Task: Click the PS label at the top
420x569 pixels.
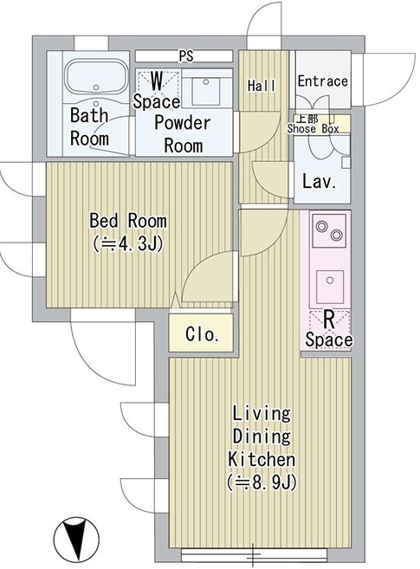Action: (185, 56)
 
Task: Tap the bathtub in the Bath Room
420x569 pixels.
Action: (96, 77)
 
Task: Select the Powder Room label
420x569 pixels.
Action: (183, 134)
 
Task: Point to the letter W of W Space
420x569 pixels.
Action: (157, 81)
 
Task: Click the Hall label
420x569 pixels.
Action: (262, 86)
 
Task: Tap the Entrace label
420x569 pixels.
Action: (322, 81)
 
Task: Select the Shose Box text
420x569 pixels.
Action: (313, 128)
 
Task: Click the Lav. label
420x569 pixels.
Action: (320, 181)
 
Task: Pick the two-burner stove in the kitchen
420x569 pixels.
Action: (329, 230)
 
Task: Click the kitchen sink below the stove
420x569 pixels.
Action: (330, 287)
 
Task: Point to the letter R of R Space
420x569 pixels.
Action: (328, 320)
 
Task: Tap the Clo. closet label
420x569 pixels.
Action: (202, 334)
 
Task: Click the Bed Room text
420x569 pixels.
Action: (128, 220)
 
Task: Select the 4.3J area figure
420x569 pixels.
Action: (128, 243)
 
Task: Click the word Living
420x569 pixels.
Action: (262, 414)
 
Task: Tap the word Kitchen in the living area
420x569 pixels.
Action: (262, 459)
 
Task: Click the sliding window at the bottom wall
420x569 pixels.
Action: (254, 555)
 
